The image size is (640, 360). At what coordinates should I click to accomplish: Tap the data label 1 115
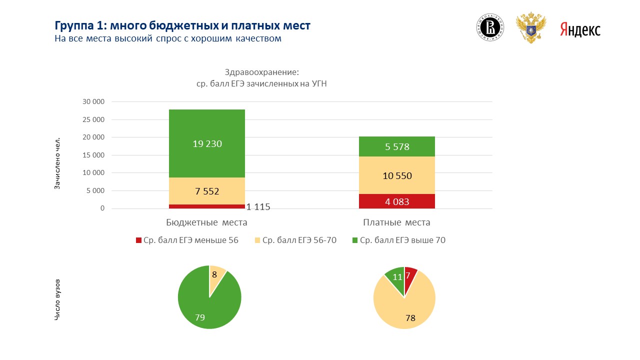pos(258,206)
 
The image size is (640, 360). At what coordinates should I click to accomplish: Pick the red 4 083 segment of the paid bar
pos(397,201)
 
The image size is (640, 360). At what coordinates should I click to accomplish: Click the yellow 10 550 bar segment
pos(397,175)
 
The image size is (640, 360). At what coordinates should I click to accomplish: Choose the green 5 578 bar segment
pos(397,146)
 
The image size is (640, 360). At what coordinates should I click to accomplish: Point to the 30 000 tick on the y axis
pos(93,101)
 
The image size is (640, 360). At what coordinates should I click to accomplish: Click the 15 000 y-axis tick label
pos(93,155)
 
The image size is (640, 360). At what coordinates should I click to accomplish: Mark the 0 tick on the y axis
pos(102,208)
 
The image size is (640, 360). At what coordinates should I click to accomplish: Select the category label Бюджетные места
pos(206,222)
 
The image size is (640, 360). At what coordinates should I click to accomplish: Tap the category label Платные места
pos(396,222)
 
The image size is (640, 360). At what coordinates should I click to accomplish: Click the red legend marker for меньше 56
pos(138,240)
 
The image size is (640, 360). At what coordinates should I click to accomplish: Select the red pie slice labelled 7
pos(409,275)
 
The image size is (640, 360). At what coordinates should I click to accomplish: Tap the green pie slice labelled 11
pos(396,278)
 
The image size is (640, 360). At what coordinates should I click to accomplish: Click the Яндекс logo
pos(580,29)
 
